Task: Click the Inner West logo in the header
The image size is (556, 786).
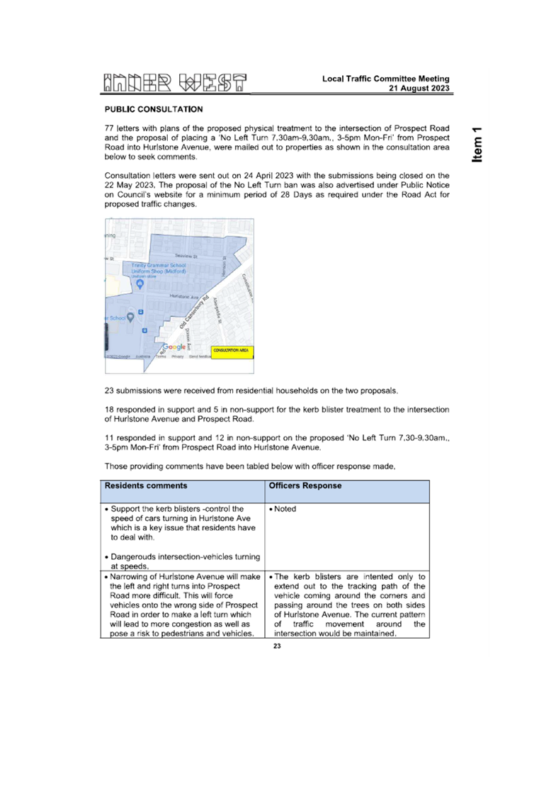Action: click(176, 83)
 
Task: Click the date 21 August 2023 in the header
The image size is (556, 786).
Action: click(419, 89)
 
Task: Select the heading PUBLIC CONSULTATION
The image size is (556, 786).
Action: click(154, 109)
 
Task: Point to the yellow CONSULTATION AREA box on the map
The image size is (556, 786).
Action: click(232, 350)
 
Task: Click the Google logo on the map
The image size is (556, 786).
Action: click(174, 347)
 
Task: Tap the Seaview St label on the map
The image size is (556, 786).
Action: click(186, 255)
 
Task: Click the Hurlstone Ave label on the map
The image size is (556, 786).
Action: click(184, 296)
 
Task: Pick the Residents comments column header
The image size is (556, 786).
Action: click(146, 486)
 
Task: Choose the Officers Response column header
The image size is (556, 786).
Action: click(305, 486)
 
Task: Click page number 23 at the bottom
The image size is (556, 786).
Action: click(277, 646)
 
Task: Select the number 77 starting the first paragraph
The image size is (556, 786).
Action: click(109, 128)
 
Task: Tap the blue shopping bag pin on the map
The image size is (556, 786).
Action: click(140, 284)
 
